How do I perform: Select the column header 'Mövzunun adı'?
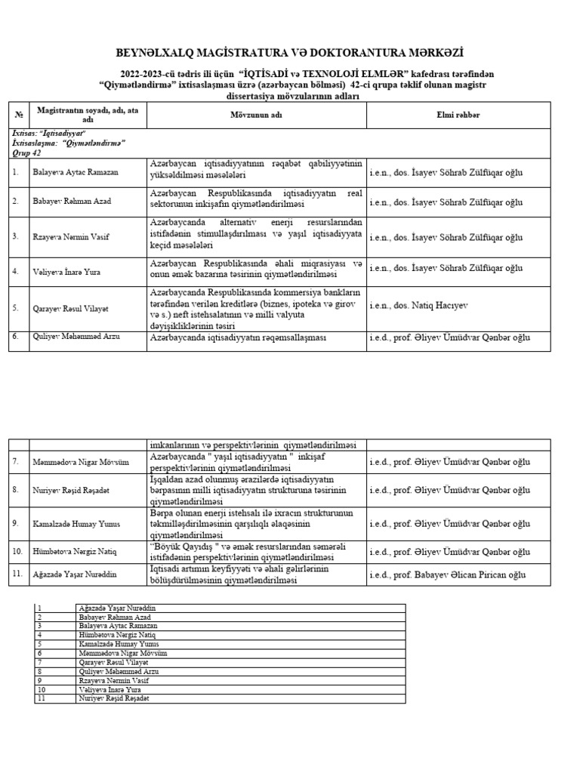tap(256, 114)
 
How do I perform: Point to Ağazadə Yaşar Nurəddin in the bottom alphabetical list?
tap(117, 608)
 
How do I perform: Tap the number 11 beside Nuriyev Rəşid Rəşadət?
tap(42, 698)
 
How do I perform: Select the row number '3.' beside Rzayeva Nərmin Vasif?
tap(16, 237)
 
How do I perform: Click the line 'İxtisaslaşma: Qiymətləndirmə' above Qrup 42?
tap(69, 142)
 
